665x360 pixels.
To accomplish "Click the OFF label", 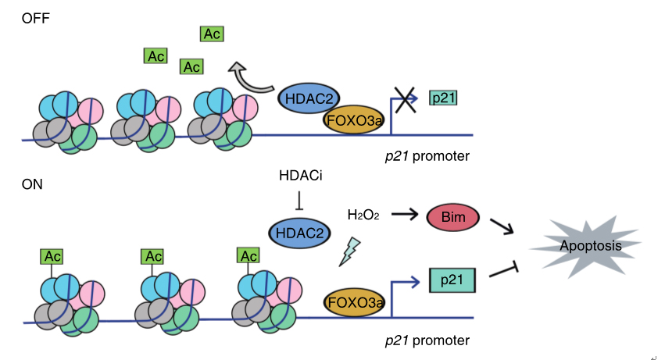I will (35, 16).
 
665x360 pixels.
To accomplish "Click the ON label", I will (32, 185).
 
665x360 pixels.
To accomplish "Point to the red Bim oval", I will (450, 217).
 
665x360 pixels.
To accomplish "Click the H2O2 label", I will (363, 214).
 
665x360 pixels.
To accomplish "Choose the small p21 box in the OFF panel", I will (443, 98).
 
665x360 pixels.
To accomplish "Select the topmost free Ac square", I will (212, 34).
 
